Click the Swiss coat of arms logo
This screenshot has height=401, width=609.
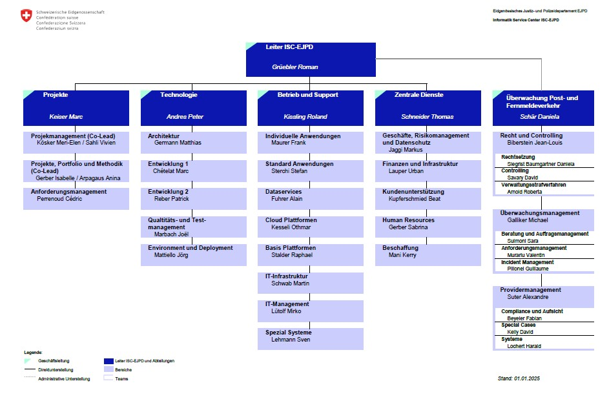(26, 15)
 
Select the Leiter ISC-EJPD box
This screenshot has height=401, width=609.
(311, 59)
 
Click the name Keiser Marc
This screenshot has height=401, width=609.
(66, 116)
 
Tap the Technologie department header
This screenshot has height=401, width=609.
(193, 108)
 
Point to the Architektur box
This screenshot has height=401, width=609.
(193, 143)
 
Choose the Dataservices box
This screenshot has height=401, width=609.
(311, 199)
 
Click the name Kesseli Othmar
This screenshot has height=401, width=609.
(291, 227)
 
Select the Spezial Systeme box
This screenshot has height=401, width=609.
(311, 339)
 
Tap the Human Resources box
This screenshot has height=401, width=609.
(428, 227)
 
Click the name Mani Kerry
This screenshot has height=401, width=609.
(402, 255)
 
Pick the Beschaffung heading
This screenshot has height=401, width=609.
(400, 248)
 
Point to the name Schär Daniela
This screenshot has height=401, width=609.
(539, 116)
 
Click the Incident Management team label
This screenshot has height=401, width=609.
(528, 262)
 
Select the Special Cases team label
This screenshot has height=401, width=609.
(518, 325)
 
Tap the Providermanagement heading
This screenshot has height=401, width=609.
(531, 289)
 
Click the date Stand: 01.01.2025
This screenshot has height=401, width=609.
(519, 378)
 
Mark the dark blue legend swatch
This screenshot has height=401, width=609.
(108, 361)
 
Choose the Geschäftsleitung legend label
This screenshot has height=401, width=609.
(54, 360)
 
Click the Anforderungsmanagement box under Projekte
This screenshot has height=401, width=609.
(76, 199)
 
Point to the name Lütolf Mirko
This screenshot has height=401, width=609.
(286, 311)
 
